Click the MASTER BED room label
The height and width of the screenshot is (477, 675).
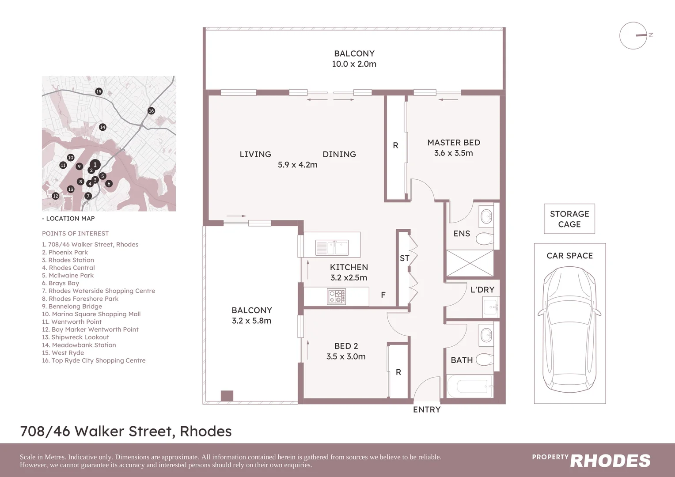pyautogui.click(x=453, y=143)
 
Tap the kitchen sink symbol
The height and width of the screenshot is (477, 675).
pyautogui.click(x=332, y=248)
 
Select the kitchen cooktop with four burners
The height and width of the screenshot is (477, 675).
pyautogui.click(x=336, y=296)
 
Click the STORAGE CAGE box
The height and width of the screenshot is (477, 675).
pyautogui.click(x=569, y=219)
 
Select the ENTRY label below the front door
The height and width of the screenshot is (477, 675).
pyautogui.click(x=426, y=410)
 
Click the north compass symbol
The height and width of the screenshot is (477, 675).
pyautogui.click(x=634, y=35)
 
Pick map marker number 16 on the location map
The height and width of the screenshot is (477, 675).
pyautogui.click(x=151, y=111)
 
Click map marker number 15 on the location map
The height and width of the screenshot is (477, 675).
pyautogui.click(x=99, y=91)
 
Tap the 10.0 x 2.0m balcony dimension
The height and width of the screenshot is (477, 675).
pyautogui.click(x=354, y=64)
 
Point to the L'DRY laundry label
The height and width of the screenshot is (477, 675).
pyautogui.click(x=482, y=290)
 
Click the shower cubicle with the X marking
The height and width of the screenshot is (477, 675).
pyautogui.click(x=470, y=263)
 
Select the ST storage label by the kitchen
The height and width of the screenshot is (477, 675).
pyautogui.click(x=404, y=258)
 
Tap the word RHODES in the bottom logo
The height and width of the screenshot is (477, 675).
pyautogui.click(x=610, y=461)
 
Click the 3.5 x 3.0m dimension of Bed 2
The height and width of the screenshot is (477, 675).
pyautogui.click(x=346, y=357)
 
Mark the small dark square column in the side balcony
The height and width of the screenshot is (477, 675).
pyautogui.click(x=227, y=396)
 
